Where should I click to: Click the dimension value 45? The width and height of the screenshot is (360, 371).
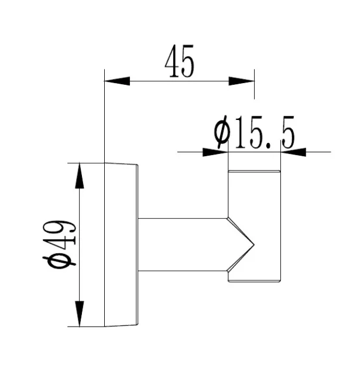coord(179,61)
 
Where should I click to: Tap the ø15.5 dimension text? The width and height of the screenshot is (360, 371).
coord(255,132)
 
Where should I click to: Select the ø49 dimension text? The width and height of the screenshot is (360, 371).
coord(59,243)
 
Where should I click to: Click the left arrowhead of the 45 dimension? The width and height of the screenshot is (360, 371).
coord(117,81)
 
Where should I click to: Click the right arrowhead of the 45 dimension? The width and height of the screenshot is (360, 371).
coord(241,81)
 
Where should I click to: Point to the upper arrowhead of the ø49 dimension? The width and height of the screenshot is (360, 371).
coord(80,176)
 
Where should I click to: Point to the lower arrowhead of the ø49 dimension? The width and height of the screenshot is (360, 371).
coord(80,314)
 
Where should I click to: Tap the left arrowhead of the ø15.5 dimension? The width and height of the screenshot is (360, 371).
coord(215,152)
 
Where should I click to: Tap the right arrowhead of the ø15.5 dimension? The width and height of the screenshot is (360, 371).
coord(293,152)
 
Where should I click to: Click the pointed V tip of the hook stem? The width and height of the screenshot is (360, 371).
coord(253,245)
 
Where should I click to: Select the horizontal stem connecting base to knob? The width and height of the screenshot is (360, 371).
coord(183,245)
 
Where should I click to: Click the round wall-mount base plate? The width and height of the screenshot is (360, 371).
coord(121,245)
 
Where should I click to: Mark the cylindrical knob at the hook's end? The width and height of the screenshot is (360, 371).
coord(254,226)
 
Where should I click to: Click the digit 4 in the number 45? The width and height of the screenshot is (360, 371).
coord(172,61)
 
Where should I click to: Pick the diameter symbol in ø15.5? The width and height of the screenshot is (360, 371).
coord(222,132)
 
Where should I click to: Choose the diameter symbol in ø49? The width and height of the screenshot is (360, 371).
coord(59,260)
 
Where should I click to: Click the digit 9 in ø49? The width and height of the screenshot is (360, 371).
coord(64,228)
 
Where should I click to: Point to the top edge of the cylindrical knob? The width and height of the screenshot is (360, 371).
coord(254,171)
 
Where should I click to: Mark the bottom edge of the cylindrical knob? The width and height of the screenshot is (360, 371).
coord(254,282)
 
